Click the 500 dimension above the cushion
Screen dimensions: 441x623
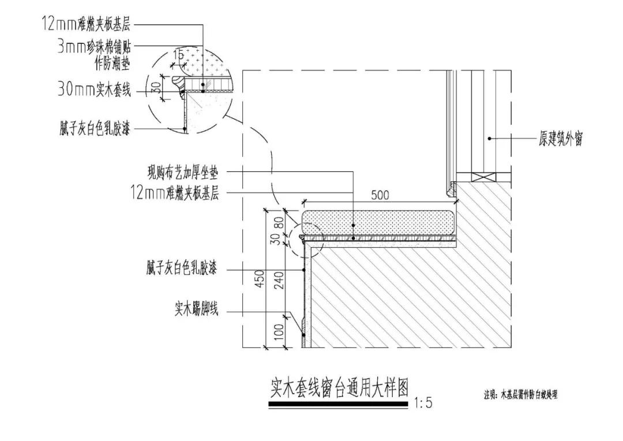click(380, 195)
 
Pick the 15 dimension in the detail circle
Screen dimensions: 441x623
click(179, 55)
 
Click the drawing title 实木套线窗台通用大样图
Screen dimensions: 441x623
click(340, 388)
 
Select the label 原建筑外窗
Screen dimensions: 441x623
click(561, 139)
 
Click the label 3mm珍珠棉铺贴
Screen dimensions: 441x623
click(94, 48)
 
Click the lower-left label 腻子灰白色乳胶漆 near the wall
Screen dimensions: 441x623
click(182, 270)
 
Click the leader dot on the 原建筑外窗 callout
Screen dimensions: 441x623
click(489, 139)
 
